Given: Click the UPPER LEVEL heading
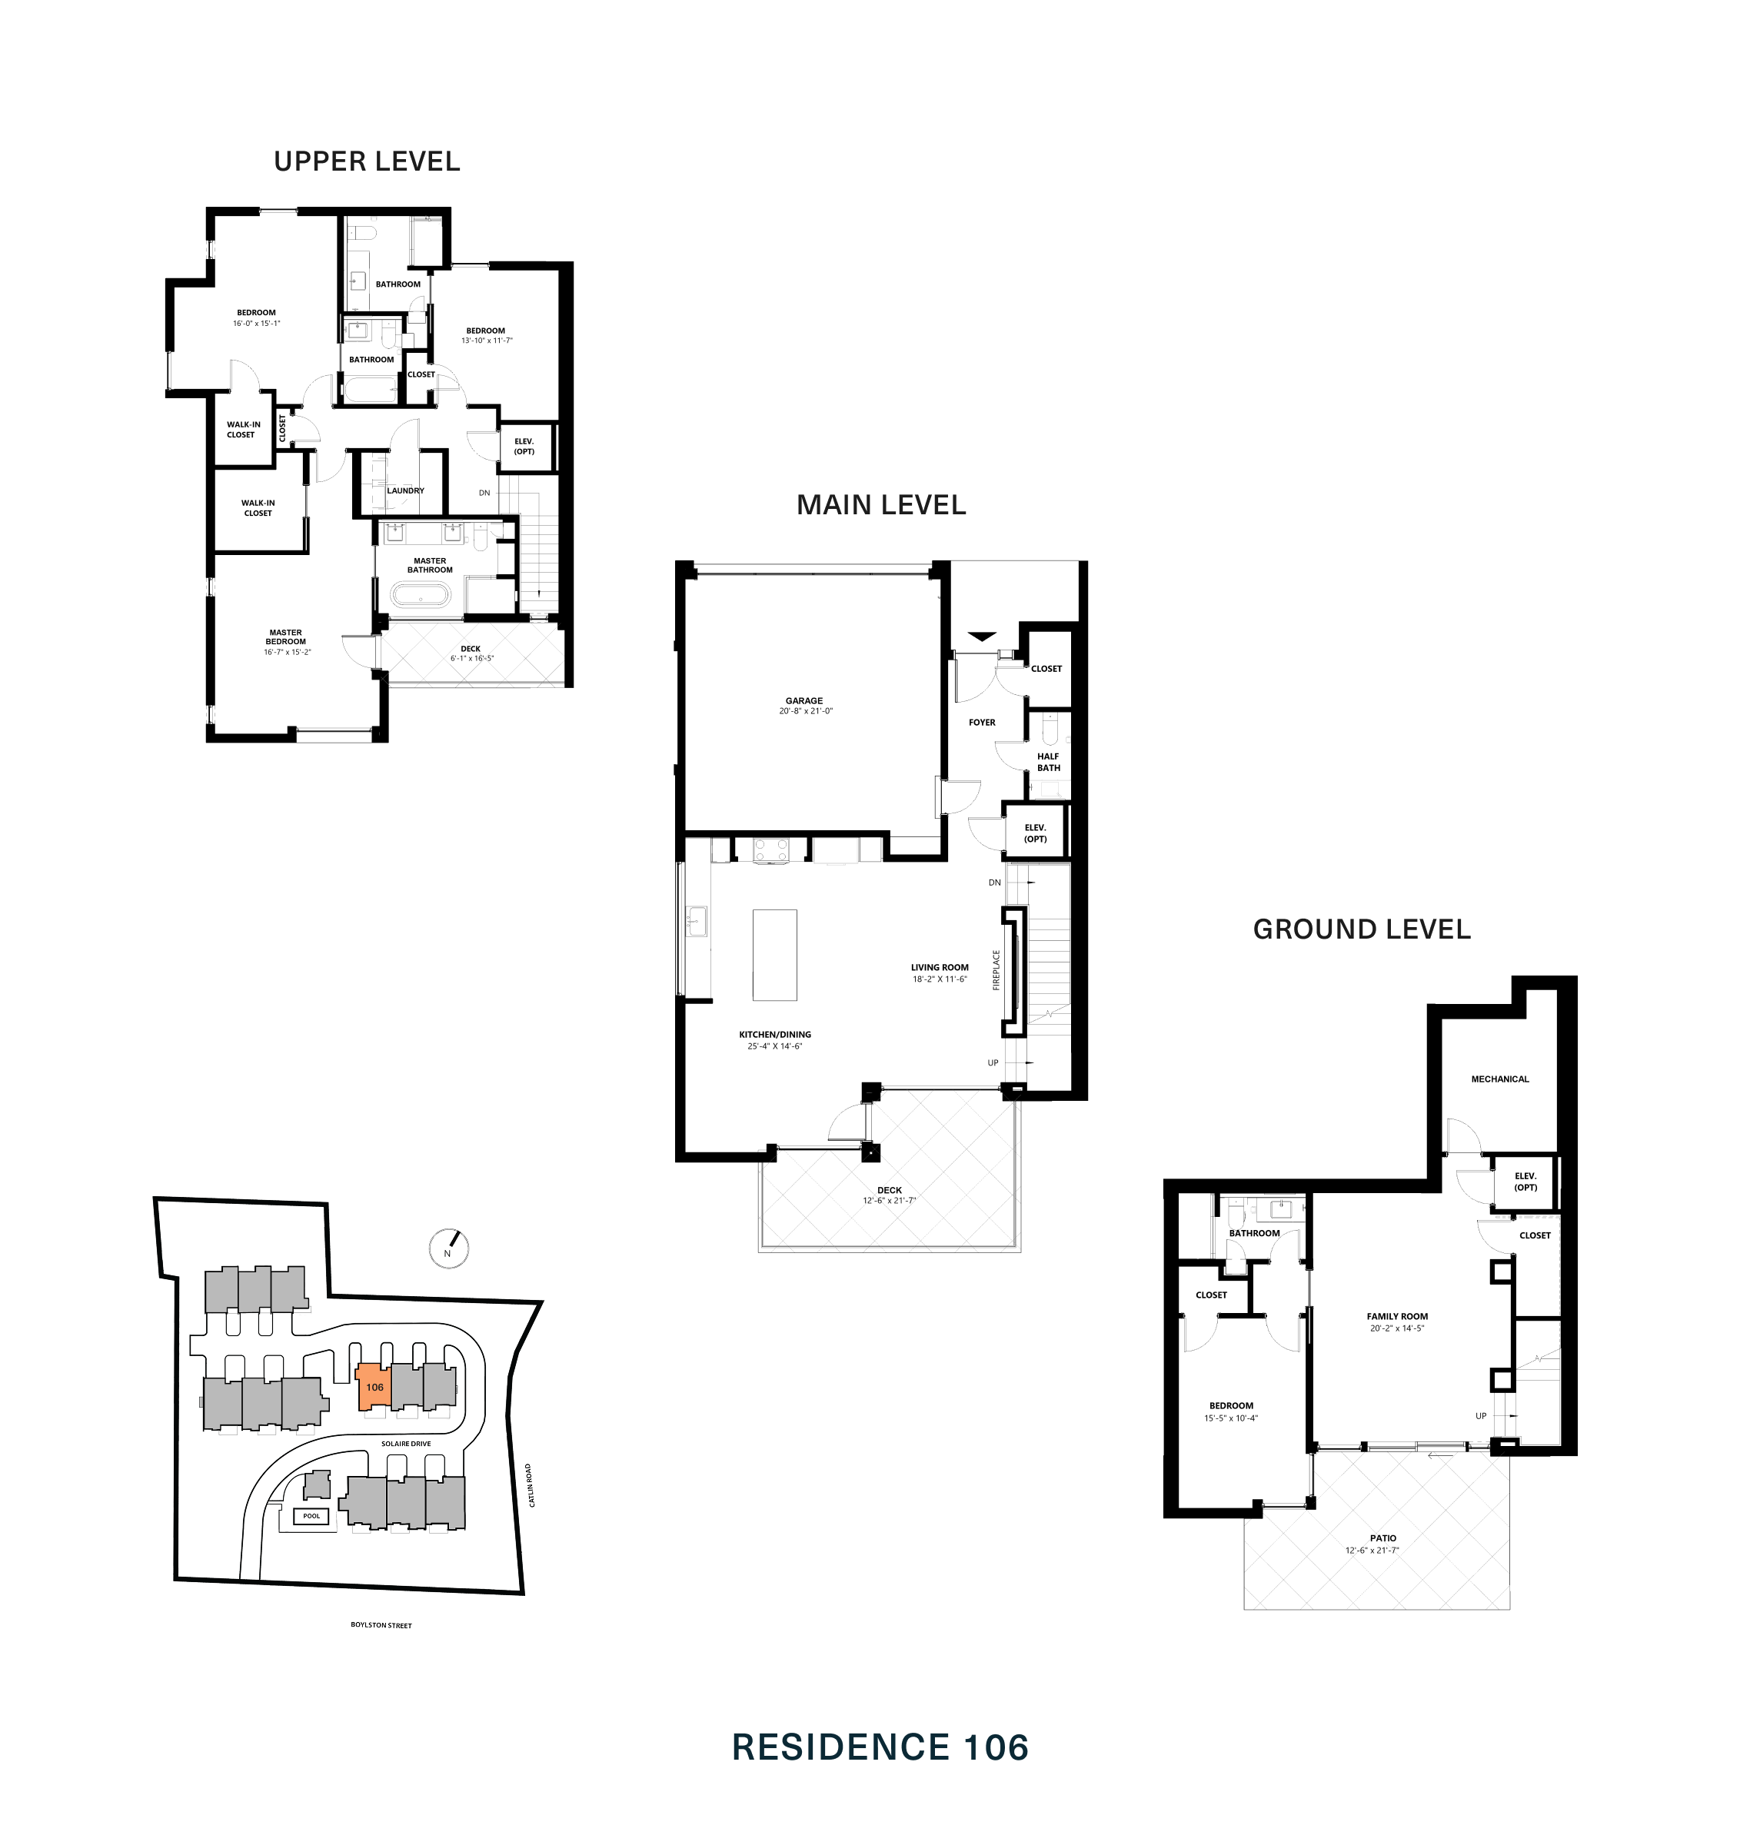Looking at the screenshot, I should (367, 161).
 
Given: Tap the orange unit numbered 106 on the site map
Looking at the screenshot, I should (374, 1386).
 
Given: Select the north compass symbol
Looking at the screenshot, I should (448, 1248).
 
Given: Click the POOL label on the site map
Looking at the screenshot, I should (311, 1516).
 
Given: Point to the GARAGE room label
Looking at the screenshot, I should (804, 700).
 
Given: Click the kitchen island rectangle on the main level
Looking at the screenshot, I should (774, 955).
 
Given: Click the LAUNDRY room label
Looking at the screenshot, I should (405, 490).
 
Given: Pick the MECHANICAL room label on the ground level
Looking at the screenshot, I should (1499, 1079).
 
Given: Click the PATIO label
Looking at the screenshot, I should (1382, 1538).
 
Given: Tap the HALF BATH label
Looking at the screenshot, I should (1048, 762).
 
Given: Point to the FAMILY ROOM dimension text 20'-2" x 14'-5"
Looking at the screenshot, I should (1396, 1328).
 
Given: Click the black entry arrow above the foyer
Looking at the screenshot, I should (981, 637).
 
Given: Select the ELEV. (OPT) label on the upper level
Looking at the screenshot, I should (524, 447).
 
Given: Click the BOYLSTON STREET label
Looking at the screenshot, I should (381, 1624).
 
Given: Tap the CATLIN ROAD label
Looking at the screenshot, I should (529, 1484).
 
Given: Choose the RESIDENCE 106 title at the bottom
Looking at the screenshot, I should (880, 1747).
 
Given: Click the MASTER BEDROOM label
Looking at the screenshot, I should (285, 637).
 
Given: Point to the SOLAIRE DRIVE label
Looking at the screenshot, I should (405, 1444).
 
